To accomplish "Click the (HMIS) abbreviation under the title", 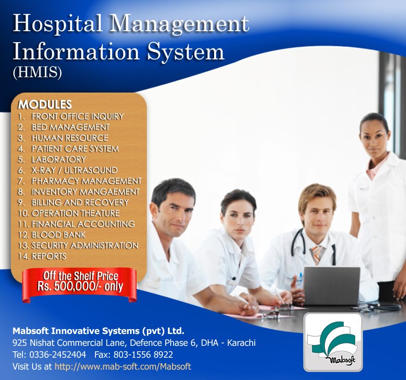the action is coord(37,73).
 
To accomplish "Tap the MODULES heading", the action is coord(45,104).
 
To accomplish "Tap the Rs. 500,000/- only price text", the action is coord(80,286).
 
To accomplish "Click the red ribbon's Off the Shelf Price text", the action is coord(81,276).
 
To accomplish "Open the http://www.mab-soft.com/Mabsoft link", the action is coord(123,367).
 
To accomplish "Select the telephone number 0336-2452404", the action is coord(58,354).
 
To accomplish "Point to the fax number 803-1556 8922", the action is coord(143,354).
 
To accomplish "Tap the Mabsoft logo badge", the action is coord(333,342).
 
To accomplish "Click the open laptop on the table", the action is coord(331,286).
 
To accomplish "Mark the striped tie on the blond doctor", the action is coord(316,254).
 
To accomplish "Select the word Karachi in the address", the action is coord(241,343).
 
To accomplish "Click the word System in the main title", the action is coord(185,51).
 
